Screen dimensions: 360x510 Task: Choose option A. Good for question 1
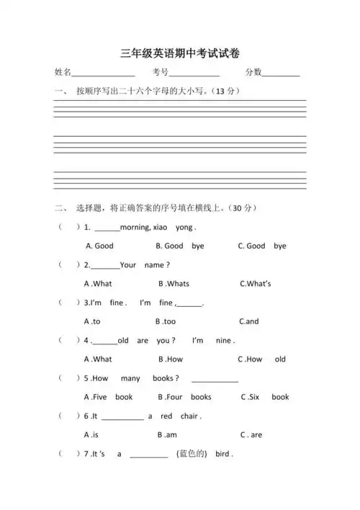(99, 246)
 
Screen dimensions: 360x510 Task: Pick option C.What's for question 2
(255, 284)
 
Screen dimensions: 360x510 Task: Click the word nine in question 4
(223, 340)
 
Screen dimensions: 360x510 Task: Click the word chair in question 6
(189, 416)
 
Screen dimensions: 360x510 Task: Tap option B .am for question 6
(167, 435)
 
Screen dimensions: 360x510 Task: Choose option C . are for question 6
(251, 435)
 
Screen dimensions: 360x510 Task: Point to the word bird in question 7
(222, 455)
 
